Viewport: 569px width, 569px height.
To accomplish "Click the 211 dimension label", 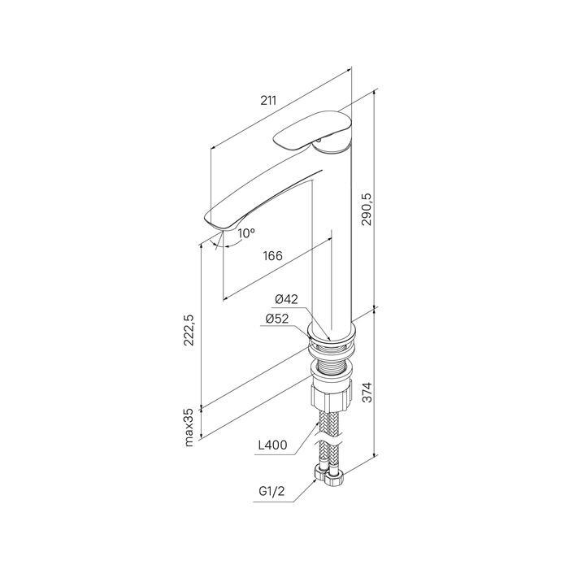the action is [268, 100].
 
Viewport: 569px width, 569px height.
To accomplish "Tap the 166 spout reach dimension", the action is [272, 256].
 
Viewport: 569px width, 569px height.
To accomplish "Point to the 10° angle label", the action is [246, 233].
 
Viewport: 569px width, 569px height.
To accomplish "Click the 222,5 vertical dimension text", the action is [189, 330].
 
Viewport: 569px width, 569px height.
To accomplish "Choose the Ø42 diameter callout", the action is [286, 299].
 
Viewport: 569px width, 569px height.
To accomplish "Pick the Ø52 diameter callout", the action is [277, 319].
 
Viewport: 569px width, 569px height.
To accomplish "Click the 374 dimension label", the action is [367, 392].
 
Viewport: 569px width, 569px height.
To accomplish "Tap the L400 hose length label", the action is [272, 445].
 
